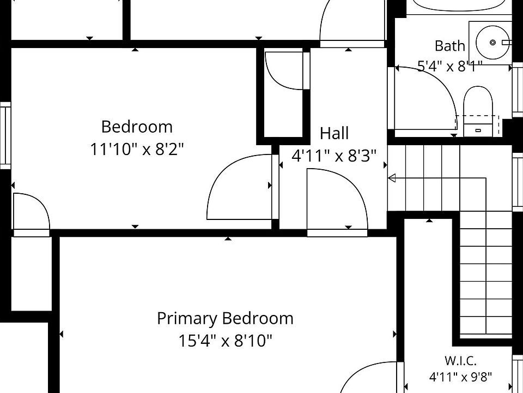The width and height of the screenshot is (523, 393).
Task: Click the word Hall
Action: pyautogui.click(x=334, y=133)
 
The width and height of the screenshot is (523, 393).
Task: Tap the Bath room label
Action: pyautogui.click(x=449, y=46)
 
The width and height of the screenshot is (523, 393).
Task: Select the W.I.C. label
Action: pyautogui.click(x=460, y=361)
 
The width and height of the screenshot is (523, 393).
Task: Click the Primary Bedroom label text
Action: pyautogui.click(x=225, y=318)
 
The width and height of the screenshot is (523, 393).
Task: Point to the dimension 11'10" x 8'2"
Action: pyautogui.click(x=137, y=149)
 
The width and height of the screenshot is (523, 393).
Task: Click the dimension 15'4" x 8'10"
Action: pyautogui.click(x=225, y=341)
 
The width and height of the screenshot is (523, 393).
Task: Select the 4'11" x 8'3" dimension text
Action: pyautogui.click(x=334, y=156)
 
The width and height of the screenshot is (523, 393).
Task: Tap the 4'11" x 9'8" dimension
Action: pyautogui.click(x=460, y=377)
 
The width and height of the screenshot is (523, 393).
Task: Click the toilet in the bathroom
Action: pyautogui.click(x=478, y=111)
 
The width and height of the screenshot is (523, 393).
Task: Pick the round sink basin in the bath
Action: pyautogui.click(x=492, y=43)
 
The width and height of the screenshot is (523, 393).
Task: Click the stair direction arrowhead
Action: pyautogui.click(x=392, y=178)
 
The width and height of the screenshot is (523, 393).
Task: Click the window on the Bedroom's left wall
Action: pyautogui.click(x=5, y=135)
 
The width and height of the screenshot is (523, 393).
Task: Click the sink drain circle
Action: pyautogui.click(x=492, y=43)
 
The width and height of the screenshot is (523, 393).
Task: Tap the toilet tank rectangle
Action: pyautogui.click(x=478, y=130)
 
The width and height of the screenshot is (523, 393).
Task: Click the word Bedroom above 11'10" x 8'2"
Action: pyautogui.click(x=137, y=127)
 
